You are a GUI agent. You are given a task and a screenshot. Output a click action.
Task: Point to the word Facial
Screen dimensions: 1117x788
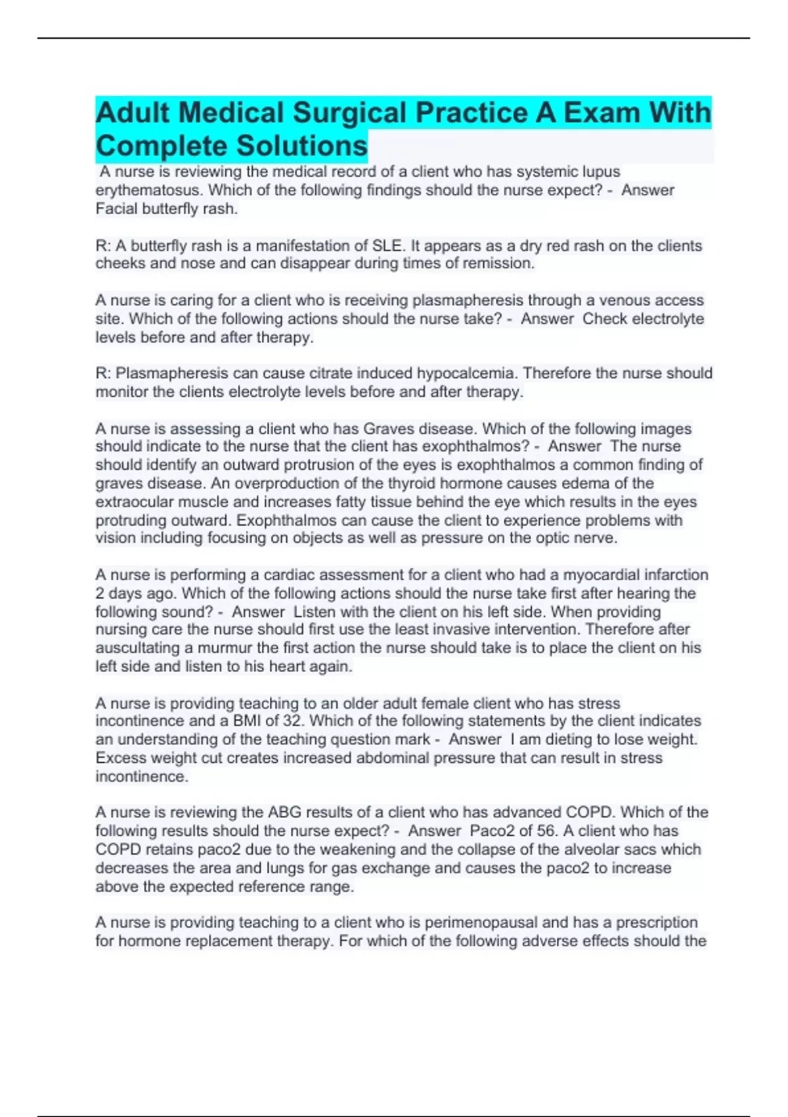[116, 209]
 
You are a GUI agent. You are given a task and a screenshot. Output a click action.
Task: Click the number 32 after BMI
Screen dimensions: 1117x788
[293, 721]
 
